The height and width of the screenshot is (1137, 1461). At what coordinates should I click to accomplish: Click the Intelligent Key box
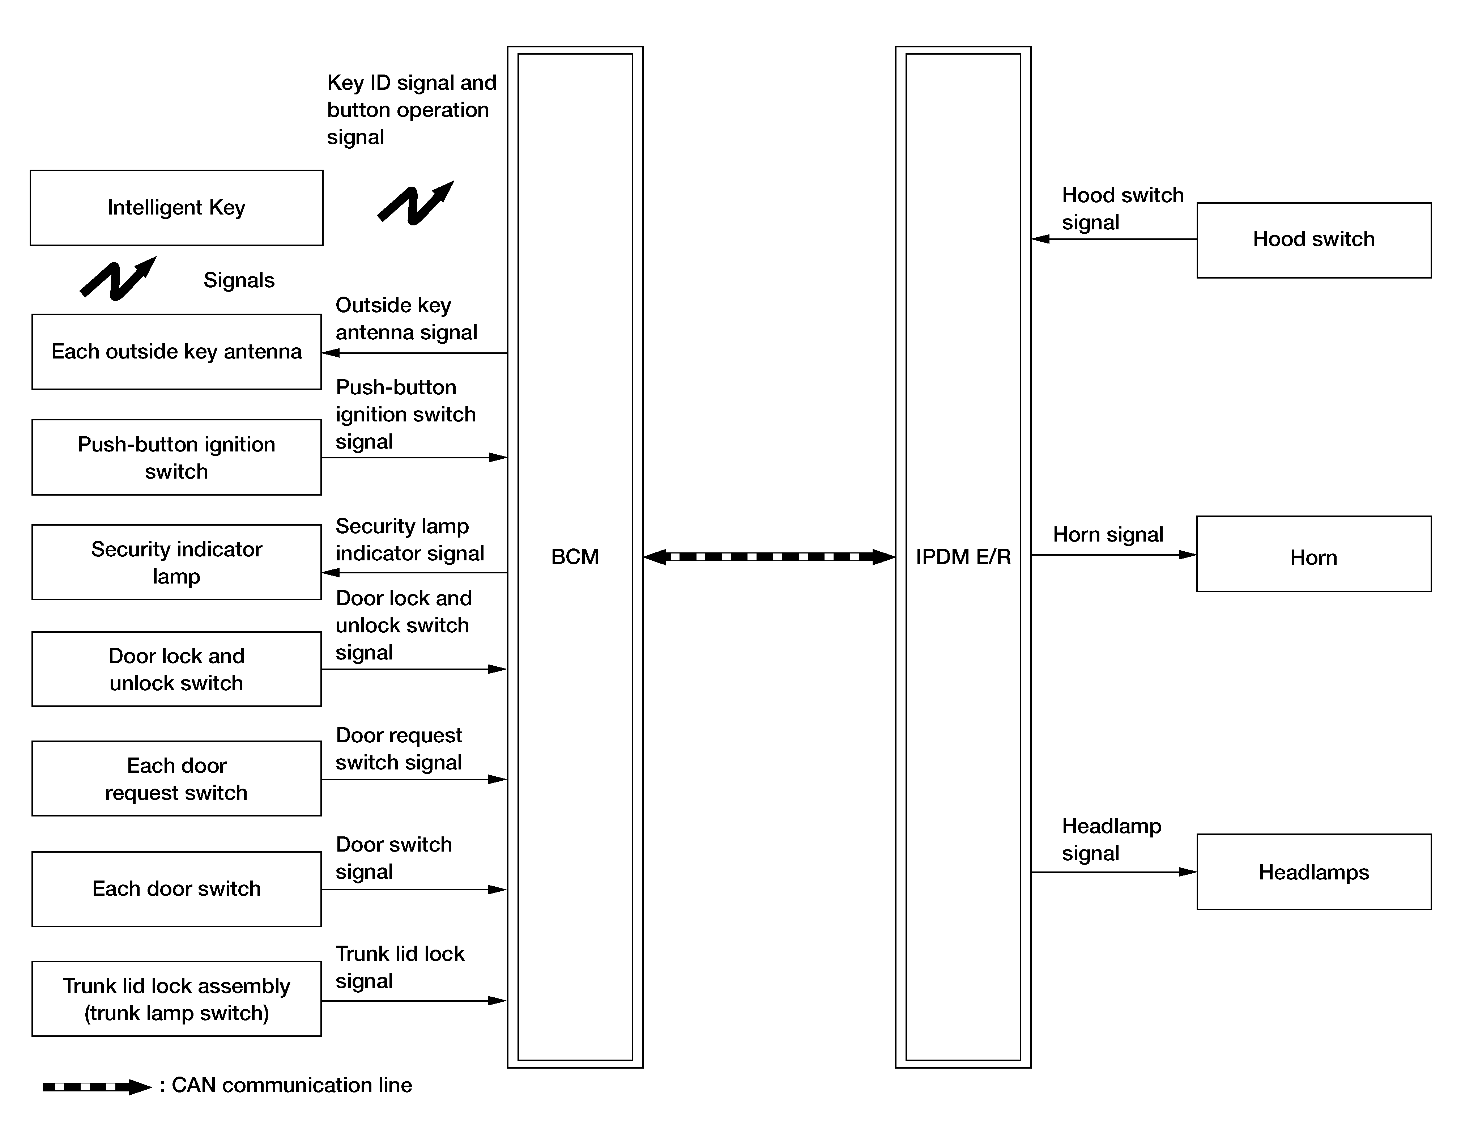point(176,207)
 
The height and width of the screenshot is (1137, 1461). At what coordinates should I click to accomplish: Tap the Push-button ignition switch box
point(176,458)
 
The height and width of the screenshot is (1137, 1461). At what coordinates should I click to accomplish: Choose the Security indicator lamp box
point(176,562)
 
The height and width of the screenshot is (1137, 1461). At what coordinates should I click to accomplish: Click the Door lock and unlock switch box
point(176,669)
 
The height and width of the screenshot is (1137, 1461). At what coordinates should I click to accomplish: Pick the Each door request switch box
point(176,778)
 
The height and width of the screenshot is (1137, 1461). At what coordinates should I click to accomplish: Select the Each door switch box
point(176,889)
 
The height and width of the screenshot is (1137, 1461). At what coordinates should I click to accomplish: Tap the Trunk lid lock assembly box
point(176,999)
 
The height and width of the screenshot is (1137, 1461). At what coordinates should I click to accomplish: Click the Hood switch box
point(1313,239)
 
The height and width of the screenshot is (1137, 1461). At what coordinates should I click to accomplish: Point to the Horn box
point(1313,554)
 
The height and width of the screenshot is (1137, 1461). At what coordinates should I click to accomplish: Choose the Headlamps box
point(1313,872)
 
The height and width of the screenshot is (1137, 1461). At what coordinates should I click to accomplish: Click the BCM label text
point(575,557)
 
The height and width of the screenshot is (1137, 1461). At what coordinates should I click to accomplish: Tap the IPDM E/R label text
point(963,557)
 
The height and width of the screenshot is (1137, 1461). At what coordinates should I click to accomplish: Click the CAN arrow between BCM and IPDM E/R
point(769,557)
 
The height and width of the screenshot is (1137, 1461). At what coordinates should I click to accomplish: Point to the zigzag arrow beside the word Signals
point(118,279)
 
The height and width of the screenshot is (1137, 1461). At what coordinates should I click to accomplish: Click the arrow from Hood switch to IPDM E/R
point(1114,239)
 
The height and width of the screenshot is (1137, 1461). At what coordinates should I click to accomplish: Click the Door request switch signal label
point(399,749)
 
